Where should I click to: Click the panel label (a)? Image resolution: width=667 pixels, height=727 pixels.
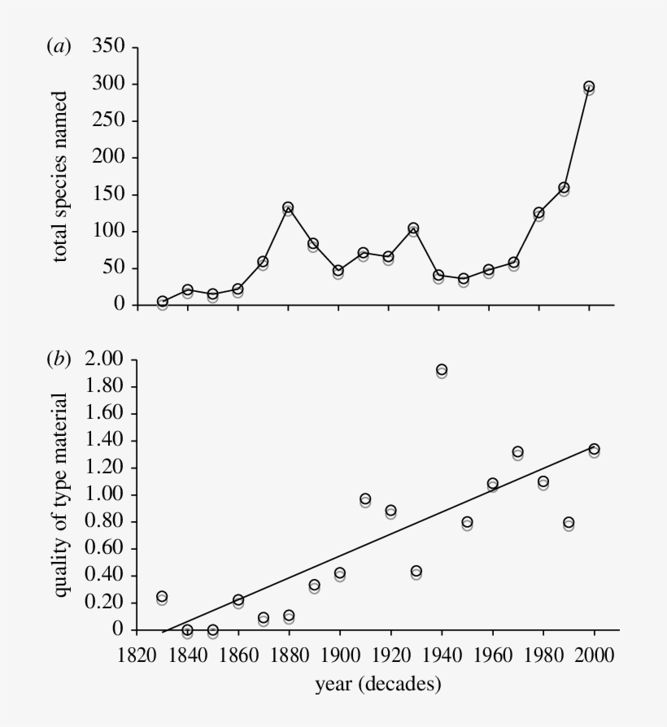point(59,48)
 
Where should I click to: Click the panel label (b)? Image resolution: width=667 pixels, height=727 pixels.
point(59,359)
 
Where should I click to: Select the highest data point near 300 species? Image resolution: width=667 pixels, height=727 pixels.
point(589,86)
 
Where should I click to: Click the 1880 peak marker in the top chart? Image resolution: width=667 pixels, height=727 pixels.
point(288,207)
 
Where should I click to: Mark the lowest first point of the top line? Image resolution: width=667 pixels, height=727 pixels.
point(163,302)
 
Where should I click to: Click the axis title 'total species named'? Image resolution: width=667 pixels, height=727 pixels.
point(61,176)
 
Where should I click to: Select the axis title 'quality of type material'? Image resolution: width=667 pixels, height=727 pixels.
point(61,494)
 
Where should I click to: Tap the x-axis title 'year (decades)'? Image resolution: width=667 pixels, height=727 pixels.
point(378,685)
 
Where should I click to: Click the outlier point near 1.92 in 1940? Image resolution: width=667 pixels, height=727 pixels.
point(442,370)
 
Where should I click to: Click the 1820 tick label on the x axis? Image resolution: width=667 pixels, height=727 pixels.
point(137,655)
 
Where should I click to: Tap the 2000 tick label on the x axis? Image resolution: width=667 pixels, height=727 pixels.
point(594,655)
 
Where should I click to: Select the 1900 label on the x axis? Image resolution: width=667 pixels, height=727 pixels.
point(340,655)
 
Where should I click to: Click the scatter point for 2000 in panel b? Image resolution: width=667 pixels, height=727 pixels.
point(594,449)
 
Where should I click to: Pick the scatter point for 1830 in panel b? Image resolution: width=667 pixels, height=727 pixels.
point(162,597)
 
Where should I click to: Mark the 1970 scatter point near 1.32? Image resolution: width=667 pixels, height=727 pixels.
point(517,452)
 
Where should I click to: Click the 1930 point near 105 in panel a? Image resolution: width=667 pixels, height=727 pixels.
point(413,229)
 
